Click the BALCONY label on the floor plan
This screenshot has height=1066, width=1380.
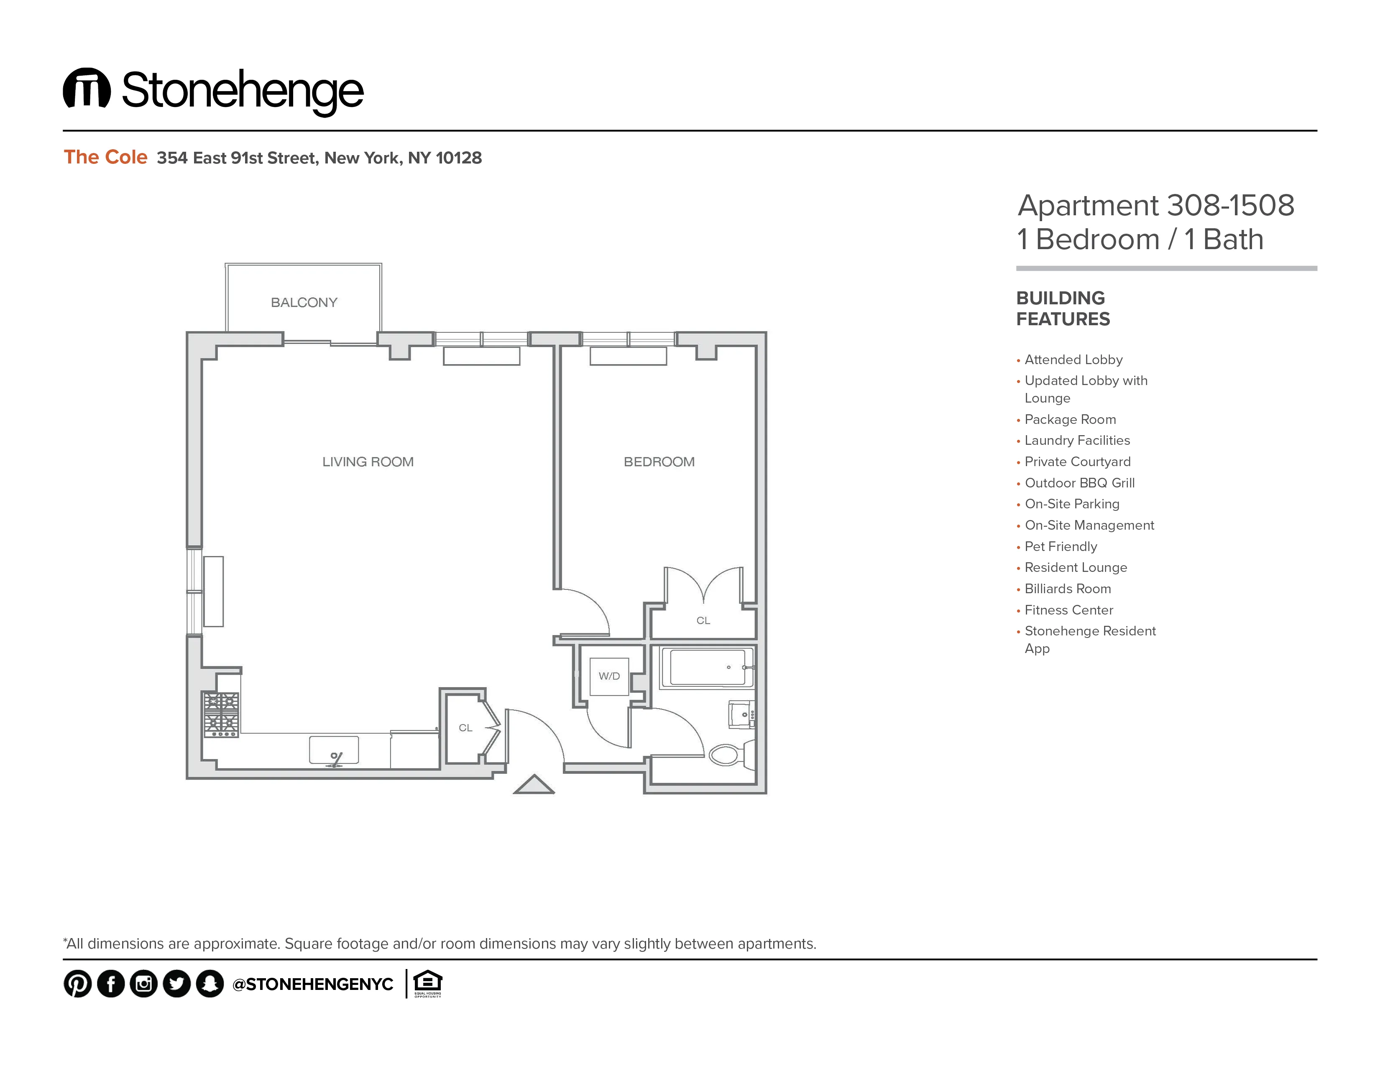click(304, 303)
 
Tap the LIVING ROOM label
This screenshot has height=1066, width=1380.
click(368, 462)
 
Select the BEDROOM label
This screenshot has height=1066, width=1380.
click(659, 462)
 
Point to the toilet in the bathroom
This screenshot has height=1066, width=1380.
click(728, 754)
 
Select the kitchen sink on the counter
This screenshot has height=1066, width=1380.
click(334, 750)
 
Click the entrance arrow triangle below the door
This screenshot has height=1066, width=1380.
click(534, 785)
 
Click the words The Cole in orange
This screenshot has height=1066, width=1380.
click(105, 157)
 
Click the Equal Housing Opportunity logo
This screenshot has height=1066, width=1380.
click(428, 983)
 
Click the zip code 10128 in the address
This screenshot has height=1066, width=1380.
click(459, 158)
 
